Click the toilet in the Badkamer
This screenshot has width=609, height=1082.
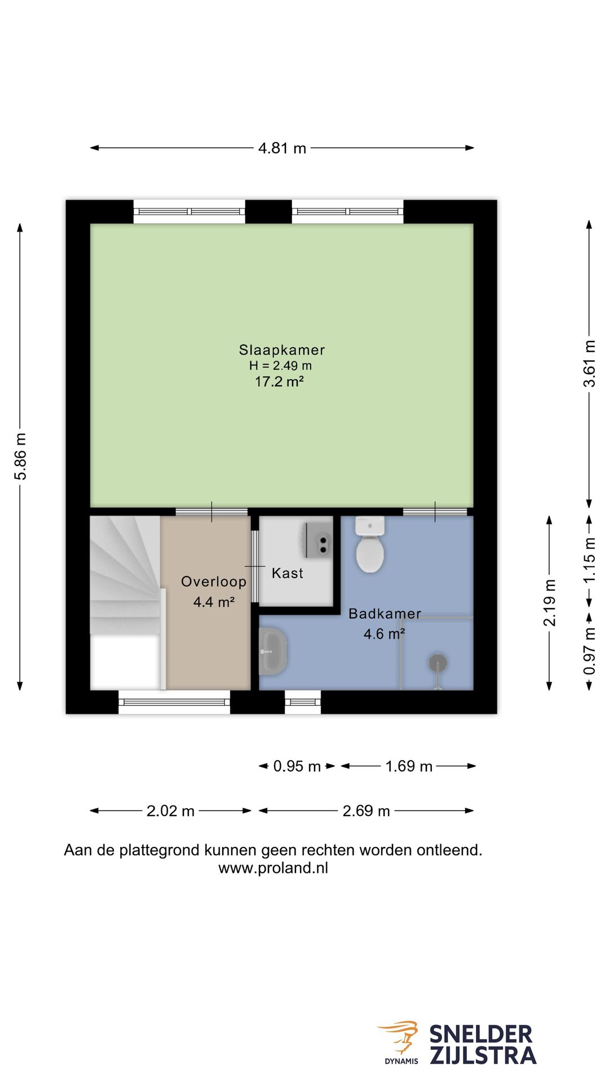coord(370,544)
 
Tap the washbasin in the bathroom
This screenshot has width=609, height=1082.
coord(273,651)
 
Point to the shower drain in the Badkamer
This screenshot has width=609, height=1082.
coord(438,662)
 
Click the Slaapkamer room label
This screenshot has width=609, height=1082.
coord(282,350)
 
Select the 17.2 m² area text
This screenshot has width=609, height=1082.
coord(280,382)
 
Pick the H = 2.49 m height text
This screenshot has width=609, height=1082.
coord(280,365)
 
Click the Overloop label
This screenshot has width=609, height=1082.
coord(214,582)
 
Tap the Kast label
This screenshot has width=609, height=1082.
coord(288,573)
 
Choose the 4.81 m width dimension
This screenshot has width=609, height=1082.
coord(282,148)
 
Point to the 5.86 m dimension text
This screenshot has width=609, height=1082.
coord(20,456)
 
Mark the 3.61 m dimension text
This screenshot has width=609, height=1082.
coord(589,363)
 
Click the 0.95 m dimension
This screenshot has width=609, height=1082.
coord(297,766)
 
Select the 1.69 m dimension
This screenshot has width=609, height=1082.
coord(409,766)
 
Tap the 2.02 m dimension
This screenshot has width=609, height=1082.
coord(170,811)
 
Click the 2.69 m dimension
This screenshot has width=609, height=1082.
coord(367,811)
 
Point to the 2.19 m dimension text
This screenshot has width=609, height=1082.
coord(550,602)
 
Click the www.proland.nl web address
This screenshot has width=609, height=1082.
coord(273,868)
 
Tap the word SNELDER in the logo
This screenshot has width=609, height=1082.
coord(481,1035)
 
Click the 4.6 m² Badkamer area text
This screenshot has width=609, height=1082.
coord(385,634)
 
